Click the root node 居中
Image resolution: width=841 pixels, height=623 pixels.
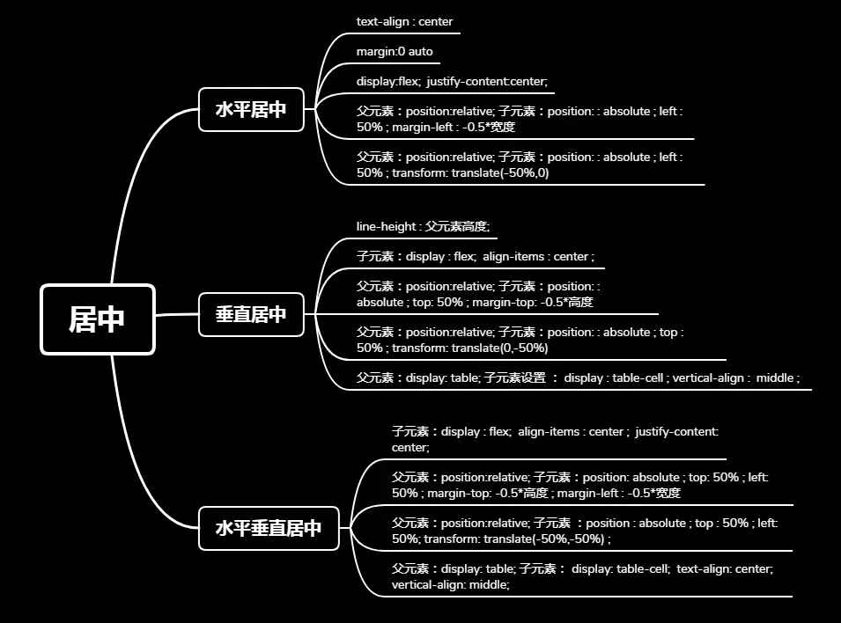(97, 319)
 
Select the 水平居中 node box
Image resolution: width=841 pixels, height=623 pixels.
(251, 110)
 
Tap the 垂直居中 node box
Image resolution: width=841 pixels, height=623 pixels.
(251, 314)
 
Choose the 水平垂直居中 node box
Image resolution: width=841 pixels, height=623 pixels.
(269, 528)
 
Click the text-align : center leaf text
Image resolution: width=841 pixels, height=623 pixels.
(404, 21)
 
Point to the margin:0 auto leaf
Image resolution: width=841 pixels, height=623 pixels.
(395, 52)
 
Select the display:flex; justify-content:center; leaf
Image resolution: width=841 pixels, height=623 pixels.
(452, 82)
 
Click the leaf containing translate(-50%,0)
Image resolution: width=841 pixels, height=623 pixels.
(520, 165)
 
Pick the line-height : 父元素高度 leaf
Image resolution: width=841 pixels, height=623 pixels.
(423, 227)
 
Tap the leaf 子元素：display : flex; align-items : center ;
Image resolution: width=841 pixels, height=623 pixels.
(476, 257)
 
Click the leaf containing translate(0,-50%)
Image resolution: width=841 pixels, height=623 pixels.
(520, 340)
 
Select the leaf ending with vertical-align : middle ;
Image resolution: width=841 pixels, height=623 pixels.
(578, 378)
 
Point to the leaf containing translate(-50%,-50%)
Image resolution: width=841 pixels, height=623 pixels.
(585, 531)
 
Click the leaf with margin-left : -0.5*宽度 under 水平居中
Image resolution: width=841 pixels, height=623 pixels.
(520, 119)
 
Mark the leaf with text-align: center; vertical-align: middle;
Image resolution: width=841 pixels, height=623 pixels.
(582, 576)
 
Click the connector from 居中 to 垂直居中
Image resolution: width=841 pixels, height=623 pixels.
(176, 314)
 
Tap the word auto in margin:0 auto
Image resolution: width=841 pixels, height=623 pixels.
(420, 52)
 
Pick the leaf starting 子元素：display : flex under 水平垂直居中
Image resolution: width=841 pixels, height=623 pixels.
(555, 439)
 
